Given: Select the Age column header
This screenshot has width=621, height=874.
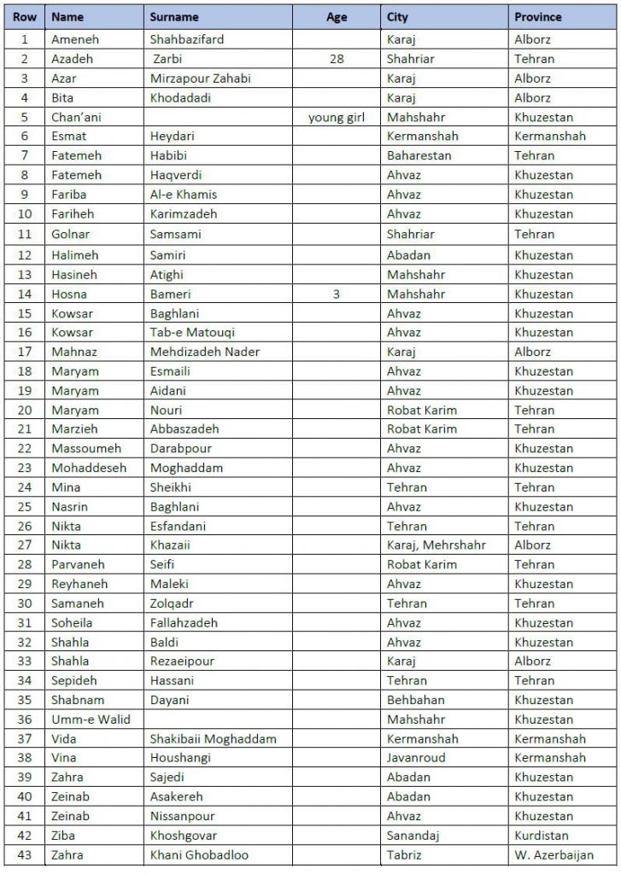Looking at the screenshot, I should [x=337, y=17].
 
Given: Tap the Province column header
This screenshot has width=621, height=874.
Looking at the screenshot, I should [x=538, y=17].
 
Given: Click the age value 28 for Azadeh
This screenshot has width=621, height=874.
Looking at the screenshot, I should [x=337, y=59].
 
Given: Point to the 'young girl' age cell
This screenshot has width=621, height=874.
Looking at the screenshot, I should [x=337, y=118].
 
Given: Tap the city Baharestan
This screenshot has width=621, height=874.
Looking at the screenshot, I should [x=419, y=156].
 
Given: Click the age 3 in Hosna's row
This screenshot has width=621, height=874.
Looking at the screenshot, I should [x=337, y=294].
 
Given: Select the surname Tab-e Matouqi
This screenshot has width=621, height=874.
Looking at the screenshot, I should [x=192, y=333].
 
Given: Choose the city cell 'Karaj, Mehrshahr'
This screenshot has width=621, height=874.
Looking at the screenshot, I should [x=436, y=545].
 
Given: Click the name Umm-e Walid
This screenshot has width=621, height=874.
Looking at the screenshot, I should [x=91, y=720].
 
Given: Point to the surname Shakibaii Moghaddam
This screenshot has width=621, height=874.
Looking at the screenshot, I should [x=213, y=739].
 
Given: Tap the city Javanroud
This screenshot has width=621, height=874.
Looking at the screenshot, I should [x=416, y=758].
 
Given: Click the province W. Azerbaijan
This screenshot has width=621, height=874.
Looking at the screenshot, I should [x=554, y=855].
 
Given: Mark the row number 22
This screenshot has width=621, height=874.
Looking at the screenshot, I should [x=25, y=449].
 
